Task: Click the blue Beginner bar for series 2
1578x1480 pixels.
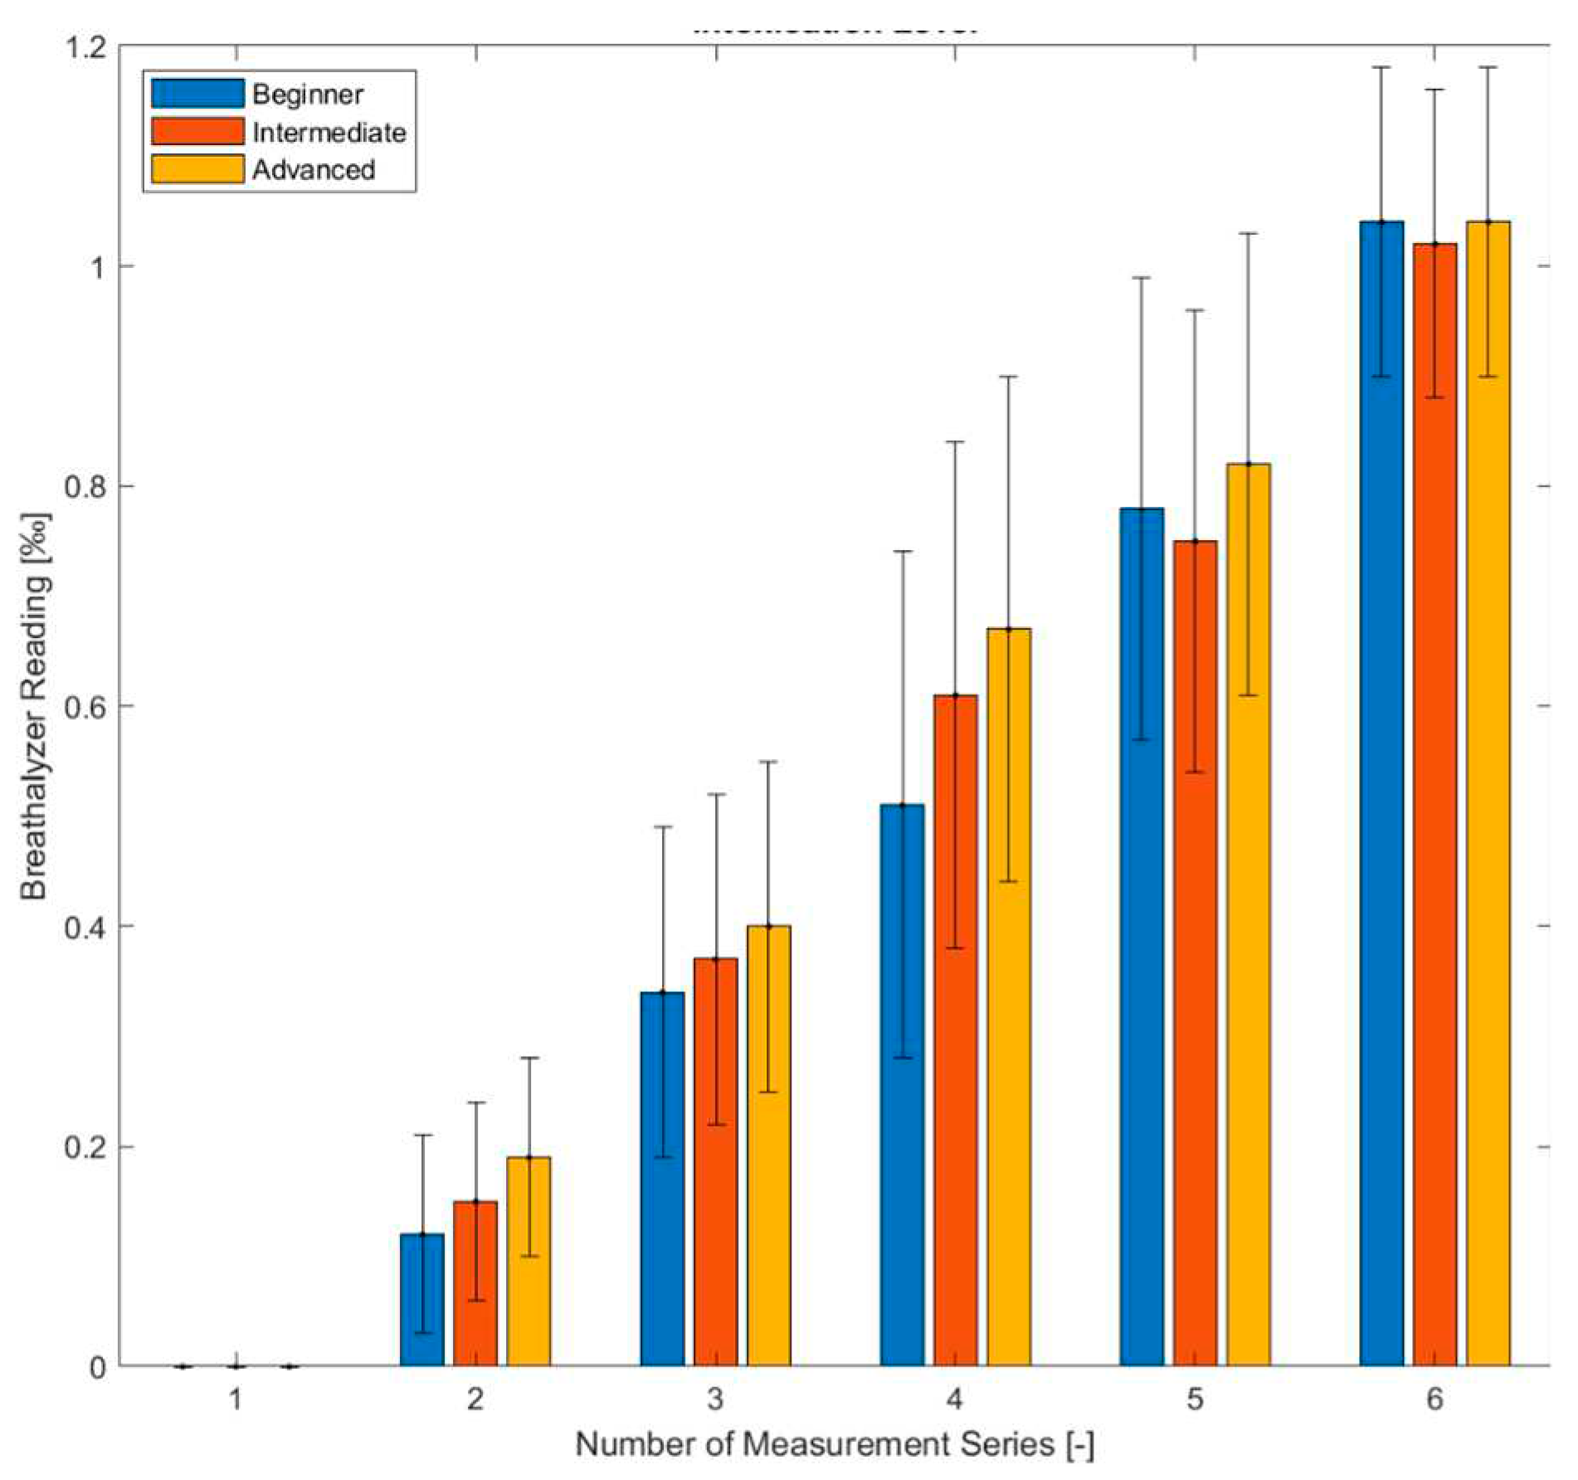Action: (x=421, y=1302)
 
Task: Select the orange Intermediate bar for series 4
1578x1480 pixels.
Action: (x=955, y=1033)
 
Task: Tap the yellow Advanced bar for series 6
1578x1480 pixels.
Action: (x=1488, y=796)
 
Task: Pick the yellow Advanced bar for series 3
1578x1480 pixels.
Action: (x=768, y=1149)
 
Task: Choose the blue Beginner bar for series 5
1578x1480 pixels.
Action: (x=1141, y=937)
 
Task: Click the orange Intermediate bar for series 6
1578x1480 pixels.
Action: (x=1434, y=805)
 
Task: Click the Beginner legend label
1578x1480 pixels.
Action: (x=307, y=94)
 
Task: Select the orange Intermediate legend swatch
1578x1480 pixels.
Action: (x=197, y=132)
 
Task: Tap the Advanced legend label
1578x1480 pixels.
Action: (x=314, y=169)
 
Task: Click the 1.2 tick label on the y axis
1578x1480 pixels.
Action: (x=85, y=47)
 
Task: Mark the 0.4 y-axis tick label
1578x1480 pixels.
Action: (x=85, y=926)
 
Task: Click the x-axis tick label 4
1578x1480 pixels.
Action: (x=954, y=1400)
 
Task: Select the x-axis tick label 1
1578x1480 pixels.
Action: (x=236, y=1400)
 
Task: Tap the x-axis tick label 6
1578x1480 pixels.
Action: (x=1434, y=1400)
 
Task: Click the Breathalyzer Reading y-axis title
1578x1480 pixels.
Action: (x=35, y=705)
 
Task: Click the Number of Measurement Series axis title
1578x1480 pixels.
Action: (x=835, y=1444)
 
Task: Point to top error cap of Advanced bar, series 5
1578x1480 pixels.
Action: (x=1248, y=233)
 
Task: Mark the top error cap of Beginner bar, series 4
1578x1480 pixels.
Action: (x=903, y=551)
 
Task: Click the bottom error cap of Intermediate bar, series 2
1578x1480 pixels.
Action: (x=475, y=1300)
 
